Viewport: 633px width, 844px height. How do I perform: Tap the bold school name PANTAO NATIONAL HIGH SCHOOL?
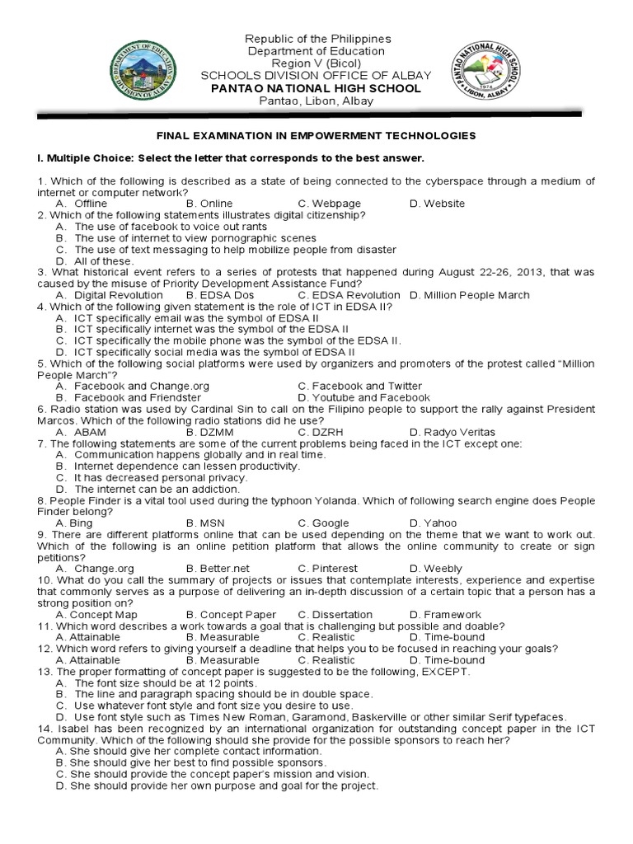click(316, 88)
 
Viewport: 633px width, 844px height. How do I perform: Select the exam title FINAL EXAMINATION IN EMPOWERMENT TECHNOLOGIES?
click(316, 135)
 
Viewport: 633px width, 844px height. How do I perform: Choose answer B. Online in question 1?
click(209, 204)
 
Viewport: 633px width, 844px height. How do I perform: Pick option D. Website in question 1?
click(437, 204)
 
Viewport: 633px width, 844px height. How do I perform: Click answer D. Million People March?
click(470, 295)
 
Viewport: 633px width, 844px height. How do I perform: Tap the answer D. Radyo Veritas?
click(452, 432)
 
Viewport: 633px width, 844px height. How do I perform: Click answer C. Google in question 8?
click(324, 523)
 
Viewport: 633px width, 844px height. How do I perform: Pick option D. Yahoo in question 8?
click(433, 523)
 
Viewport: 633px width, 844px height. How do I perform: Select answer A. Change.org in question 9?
click(95, 569)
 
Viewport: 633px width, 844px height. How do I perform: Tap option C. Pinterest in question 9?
click(328, 569)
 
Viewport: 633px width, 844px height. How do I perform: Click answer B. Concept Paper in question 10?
click(232, 615)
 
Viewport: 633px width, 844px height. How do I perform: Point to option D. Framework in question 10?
click(445, 615)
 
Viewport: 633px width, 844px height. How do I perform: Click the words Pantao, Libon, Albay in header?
click(316, 101)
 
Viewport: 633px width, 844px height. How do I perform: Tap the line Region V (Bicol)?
click(316, 63)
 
